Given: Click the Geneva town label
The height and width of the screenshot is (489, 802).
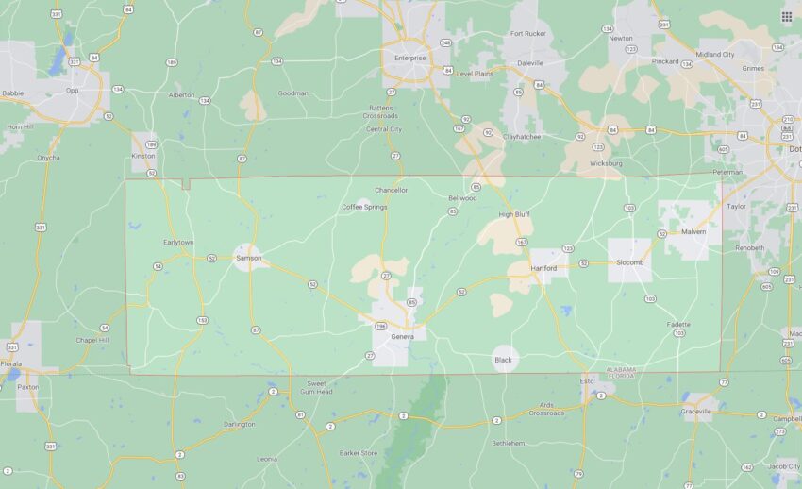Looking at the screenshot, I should pyautogui.click(x=402, y=336).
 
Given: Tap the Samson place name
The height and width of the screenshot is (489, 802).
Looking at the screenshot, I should pyautogui.click(x=248, y=258).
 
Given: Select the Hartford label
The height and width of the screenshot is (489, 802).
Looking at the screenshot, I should pyautogui.click(x=543, y=268).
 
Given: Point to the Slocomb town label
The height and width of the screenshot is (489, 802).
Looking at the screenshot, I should pyautogui.click(x=629, y=263).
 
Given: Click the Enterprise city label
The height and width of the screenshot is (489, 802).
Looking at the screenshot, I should pyautogui.click(x=410, y=58).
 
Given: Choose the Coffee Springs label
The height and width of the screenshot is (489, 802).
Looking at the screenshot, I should pyautogui.click(x=364, y=207).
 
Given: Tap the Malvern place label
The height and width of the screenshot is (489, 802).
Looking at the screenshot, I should pyautogui.click(x=693, y=230).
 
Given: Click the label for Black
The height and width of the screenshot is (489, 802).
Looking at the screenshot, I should pyautogui.click(x=504, y=360).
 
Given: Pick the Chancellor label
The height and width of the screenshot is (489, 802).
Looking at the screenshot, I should pyautogui.click(x=391, y=190).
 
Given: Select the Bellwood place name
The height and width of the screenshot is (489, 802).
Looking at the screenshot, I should pyautogui.click(x=462, y=198).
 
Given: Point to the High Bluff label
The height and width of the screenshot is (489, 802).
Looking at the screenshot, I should pyautogui.click(x=513, y=214).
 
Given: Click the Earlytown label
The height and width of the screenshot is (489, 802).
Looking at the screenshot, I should pyautogui.click(x=178, y=242).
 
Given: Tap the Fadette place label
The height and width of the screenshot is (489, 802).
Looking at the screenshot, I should pyautogui.click(x=678, y=324).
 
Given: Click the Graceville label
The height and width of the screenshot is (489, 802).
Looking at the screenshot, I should pyautogui.click(x=696, y=412).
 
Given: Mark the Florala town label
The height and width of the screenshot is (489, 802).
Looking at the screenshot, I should pyautogui.click(x=10, y=363).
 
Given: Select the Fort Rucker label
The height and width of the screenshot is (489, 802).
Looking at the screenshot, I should pyautogui.click(x=528, y=34).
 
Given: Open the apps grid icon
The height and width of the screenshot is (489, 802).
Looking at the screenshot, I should pyautogui.click(x=786, y=16).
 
